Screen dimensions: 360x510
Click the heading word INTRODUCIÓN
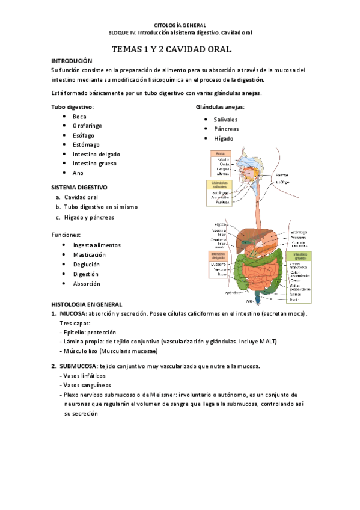72,61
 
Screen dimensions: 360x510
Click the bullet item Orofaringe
87,126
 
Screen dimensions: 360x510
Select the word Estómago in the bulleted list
87,144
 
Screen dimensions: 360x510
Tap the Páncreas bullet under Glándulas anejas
226,129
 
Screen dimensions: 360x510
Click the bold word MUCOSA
72,313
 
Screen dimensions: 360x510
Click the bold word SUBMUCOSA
76,366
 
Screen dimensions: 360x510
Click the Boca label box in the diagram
220,154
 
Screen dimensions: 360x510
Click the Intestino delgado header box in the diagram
220,256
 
